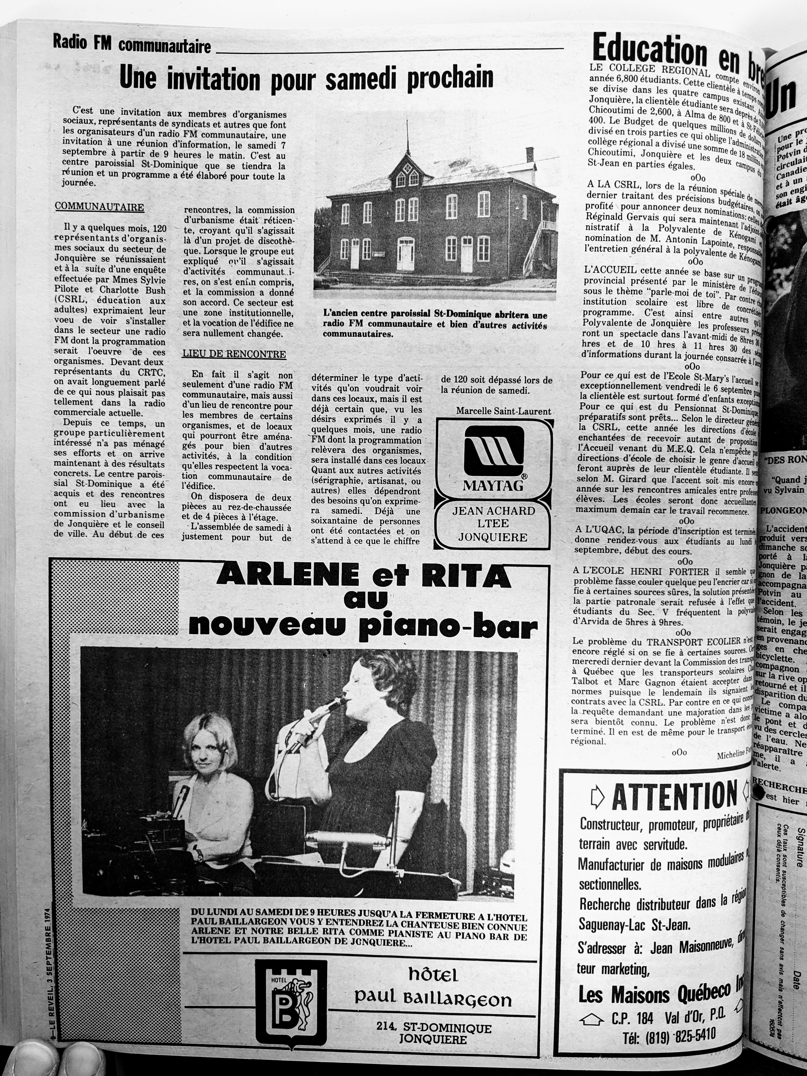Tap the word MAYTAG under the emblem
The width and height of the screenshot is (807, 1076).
point(493,485)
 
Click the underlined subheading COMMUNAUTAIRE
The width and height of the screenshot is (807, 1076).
point(99,207)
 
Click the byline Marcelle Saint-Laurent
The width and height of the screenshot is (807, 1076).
point(504,411)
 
